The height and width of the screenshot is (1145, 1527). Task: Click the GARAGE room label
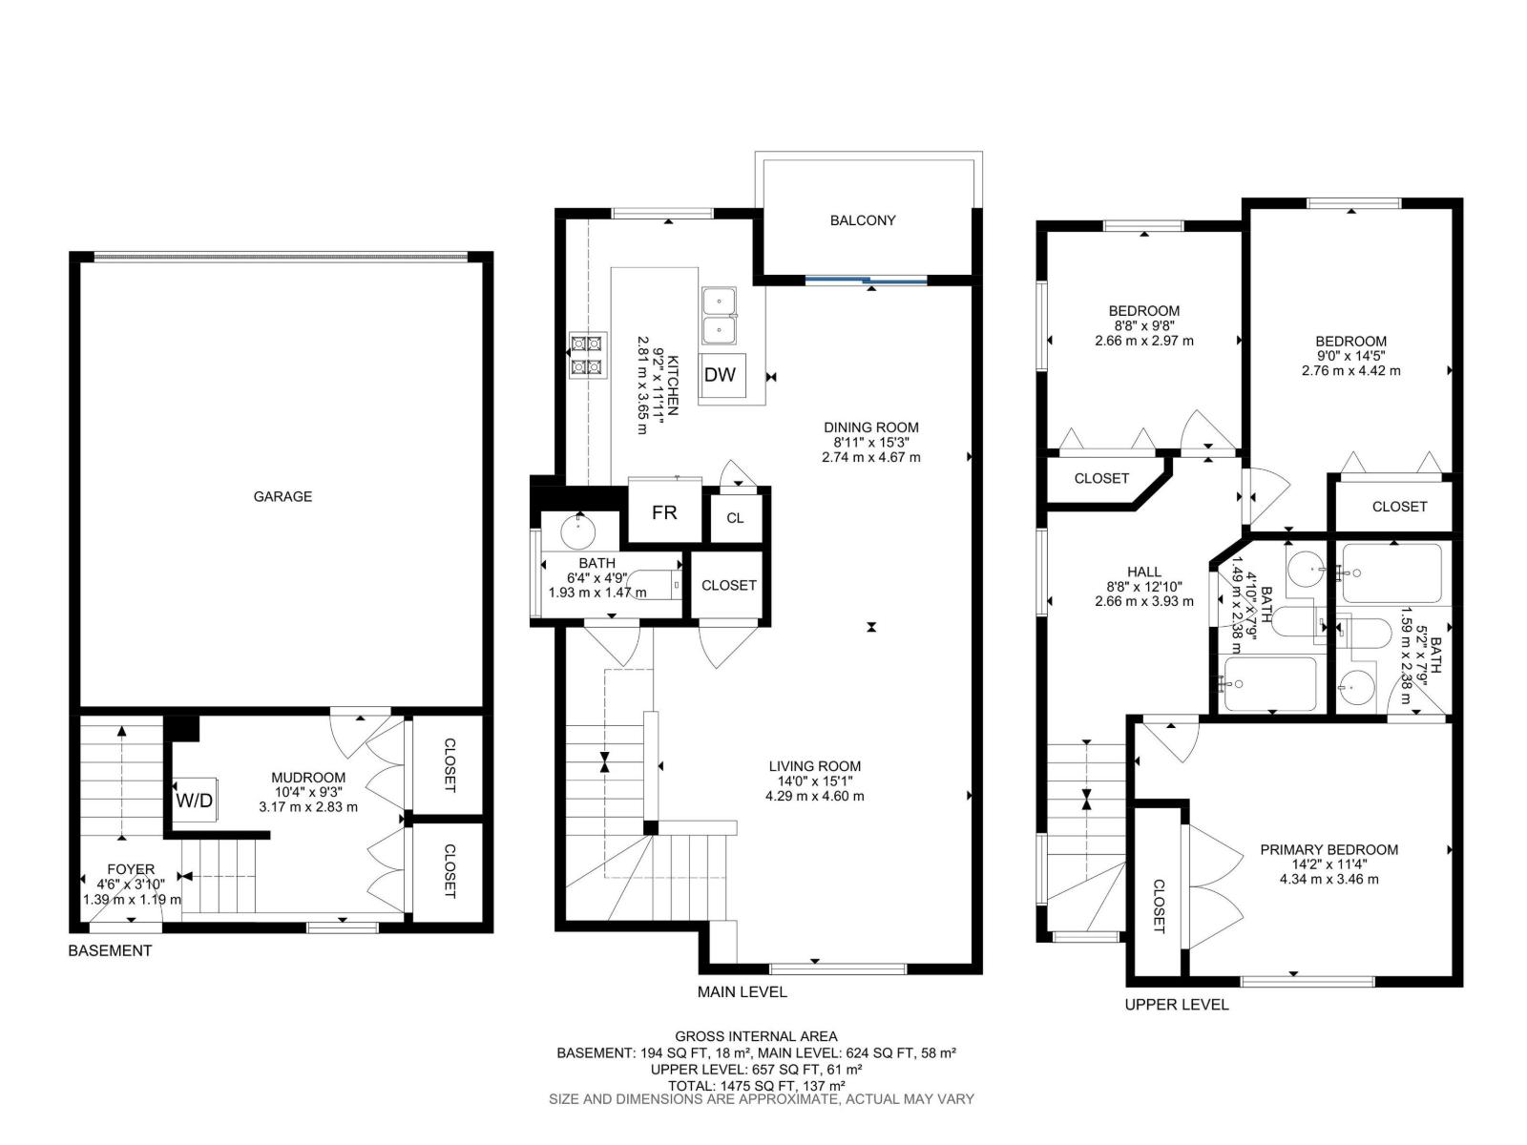pyautogui.click(x=282, y=496)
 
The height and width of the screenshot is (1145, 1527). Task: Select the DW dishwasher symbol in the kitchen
pyautogui.click(x=721, y=375)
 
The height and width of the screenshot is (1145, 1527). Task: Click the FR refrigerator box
pyautogui.click(x=664, y=512)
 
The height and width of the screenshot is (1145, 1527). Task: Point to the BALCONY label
pyautogui.click(x=863, y=220)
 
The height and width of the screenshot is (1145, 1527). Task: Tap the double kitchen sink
pyautogui.click(x=720, y=316)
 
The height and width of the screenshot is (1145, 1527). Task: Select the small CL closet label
pyautogui.click(x=735, y=518)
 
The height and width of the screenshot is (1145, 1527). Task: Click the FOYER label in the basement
pyautogui.click(x=131, y=869)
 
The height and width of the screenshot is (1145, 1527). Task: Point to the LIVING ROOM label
pyautogui.click(x=815, y=766)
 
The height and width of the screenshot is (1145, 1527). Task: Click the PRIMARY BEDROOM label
pyautogui.click(x=1328, y=849)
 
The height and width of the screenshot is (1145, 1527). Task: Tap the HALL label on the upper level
pyautogui.click(x=1143, y=572)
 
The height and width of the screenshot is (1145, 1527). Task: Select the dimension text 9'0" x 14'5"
pyautogui.click(x=1350, y=356)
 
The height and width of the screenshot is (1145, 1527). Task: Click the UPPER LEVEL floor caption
pyautogui.click(x=1176, y=1004)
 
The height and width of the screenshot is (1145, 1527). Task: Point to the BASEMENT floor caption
pyautogui.click(x=110, y=950)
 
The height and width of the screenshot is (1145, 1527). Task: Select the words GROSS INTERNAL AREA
pyautogui.click(x=756, y=1035)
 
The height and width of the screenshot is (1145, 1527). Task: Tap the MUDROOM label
pyautogui.click(x=308, y=778)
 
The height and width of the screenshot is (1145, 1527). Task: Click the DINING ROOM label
pyautogui.click(x=870, y=427)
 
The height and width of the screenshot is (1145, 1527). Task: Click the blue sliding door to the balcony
pyautogui.click(x=867, y=280)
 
